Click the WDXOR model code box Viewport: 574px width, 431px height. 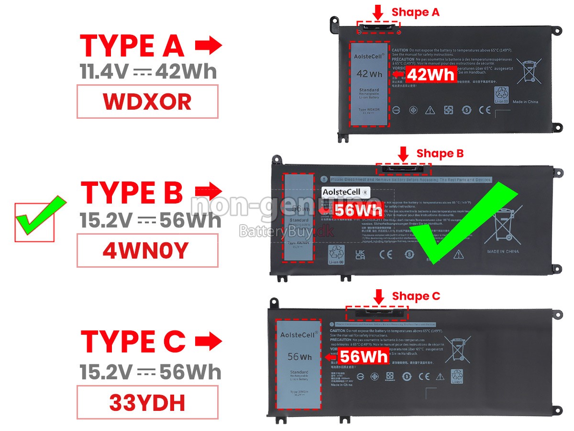click(147, 102)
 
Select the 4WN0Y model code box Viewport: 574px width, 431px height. click(147, 250)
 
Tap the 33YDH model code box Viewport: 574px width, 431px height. click(147, 403)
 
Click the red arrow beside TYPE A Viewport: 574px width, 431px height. click(209, 46)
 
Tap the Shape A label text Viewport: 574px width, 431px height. click(415, 12)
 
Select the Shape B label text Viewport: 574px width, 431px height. click(440, 153)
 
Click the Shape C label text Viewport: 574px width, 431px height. click(416, 296)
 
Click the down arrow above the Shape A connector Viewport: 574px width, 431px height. click(378, 12)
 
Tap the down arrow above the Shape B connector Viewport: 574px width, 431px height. click(403, 153)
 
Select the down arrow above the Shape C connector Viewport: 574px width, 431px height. click(379, 296)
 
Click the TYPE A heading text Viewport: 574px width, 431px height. click(132, 46)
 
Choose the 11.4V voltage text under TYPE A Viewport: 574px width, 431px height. click(104, 71)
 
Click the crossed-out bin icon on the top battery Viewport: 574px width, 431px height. click(529, 72)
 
